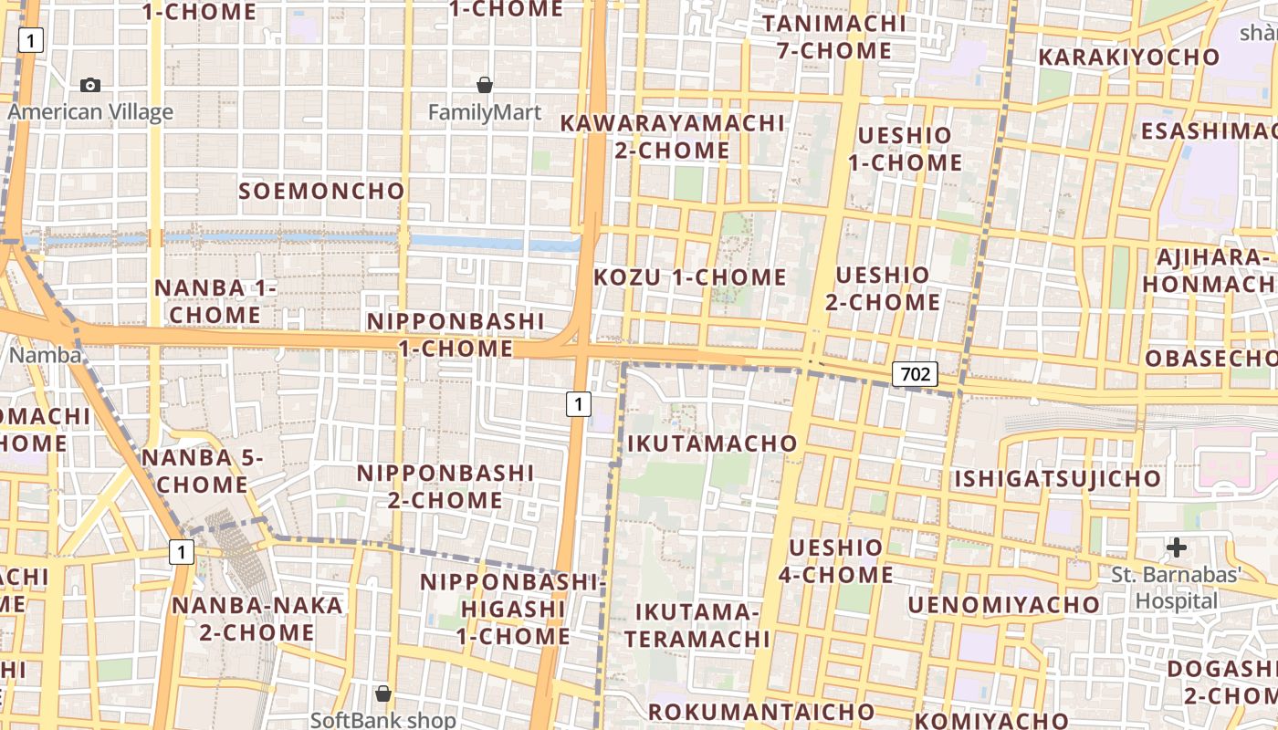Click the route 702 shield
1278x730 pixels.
[x=915, y=373]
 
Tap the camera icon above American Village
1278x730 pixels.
[x=90, y=85]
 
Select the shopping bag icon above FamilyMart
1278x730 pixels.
[x=485, y=85]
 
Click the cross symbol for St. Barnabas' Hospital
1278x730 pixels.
[x=1177, y=547]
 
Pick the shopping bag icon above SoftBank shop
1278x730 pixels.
[x=383, y=693]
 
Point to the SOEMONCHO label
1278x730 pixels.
[x=321, y=191]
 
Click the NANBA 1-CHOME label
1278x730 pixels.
[x=215, y=301]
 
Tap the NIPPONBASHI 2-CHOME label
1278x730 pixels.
[x=445, y=486]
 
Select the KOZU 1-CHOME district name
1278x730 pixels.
[x=690, y=277]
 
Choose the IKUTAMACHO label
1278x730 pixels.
[x=712, y=443]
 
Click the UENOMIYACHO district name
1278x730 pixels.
[x=1003, y=605]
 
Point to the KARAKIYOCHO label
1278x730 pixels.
[x=1128, y=57]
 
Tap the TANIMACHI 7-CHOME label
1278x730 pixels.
[x=834, y=36]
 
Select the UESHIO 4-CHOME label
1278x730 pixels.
[x=835, y=561]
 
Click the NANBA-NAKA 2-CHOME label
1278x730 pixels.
[x=244, y=618]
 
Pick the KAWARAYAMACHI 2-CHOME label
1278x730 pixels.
[x=673, y=136]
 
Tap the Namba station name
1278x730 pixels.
[x=45, y=354]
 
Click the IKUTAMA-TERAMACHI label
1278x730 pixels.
[x=697, y=624]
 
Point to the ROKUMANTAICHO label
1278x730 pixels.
[x=761, y=712]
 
